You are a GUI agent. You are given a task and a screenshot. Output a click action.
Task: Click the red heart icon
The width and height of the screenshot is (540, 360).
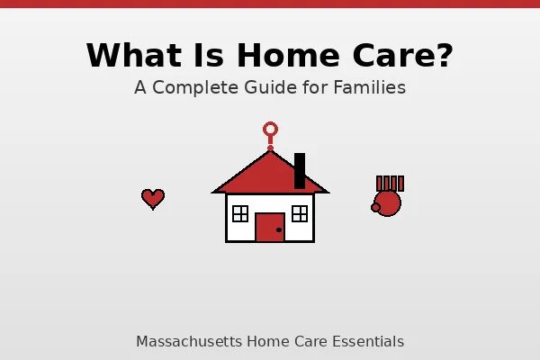pos(153,198)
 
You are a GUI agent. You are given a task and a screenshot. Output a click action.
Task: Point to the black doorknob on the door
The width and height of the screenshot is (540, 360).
pos(279,230)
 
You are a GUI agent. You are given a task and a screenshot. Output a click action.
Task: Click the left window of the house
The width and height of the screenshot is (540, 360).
pos(240,213)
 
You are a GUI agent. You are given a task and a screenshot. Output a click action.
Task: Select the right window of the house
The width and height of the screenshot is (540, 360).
pos(300,213)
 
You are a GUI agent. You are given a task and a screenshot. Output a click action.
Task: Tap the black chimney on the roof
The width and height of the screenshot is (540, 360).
pos(300,169)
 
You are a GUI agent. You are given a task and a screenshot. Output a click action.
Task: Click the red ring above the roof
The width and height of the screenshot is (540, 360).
pos(270,130)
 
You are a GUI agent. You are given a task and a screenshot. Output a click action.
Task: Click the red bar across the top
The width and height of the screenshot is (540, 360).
pos(270,4)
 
